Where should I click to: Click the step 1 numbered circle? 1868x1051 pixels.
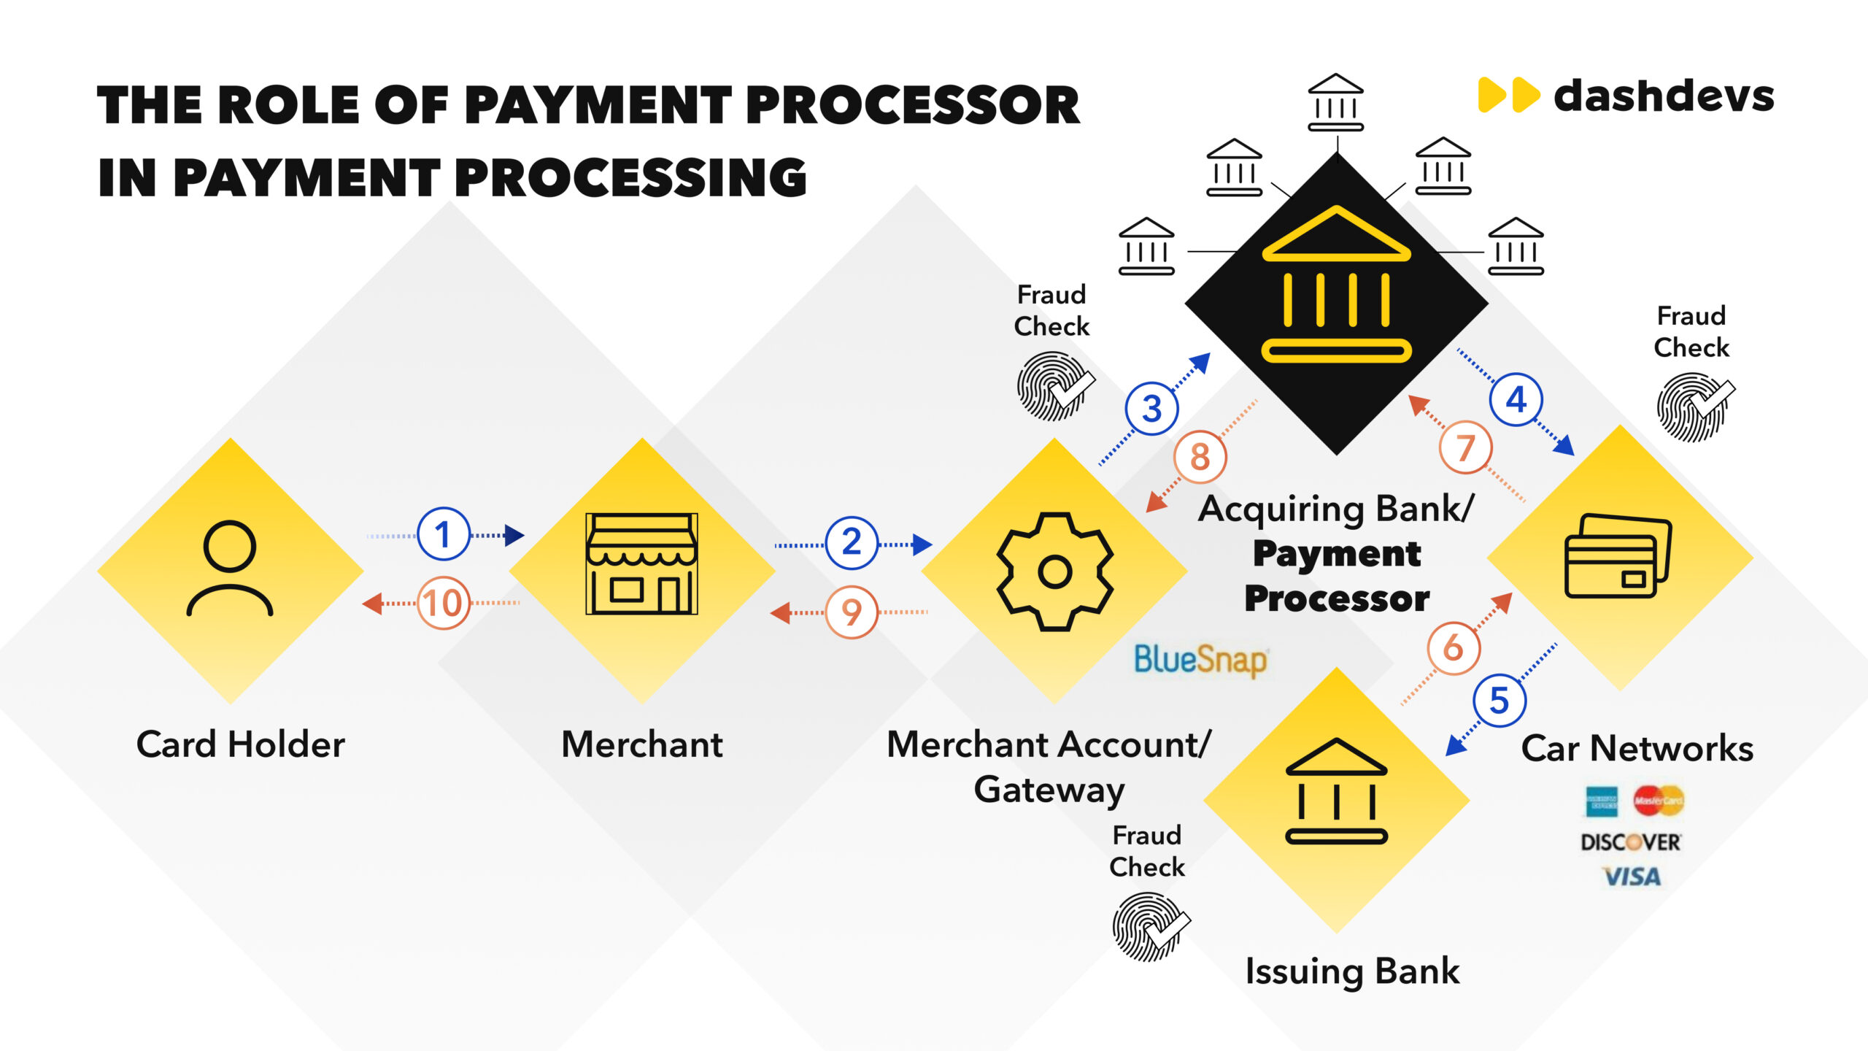[443, 534]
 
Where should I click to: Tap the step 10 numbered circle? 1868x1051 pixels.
[443, 603]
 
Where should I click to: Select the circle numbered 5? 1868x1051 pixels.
[1499, 701]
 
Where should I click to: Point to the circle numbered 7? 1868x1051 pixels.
[1465, 447]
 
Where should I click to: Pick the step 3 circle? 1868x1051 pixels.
[1151, 409]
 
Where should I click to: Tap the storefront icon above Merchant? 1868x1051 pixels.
[641, 563]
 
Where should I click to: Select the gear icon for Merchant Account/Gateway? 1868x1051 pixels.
[1055, 571]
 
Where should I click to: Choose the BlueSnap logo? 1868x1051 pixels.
[1201, 660]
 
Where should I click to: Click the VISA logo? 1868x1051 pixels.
[1632, 877]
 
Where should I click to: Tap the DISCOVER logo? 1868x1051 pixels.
[1631, 842]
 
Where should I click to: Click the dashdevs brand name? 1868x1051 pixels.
[1664, 97]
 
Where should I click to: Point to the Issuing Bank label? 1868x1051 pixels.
[1352, 971]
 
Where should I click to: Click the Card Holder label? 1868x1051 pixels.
[241, 744]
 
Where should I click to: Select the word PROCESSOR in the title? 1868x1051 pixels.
[912, 106]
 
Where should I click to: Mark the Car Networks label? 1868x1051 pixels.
[1637, 748]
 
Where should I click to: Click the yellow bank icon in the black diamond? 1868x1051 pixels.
[1336, 285]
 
